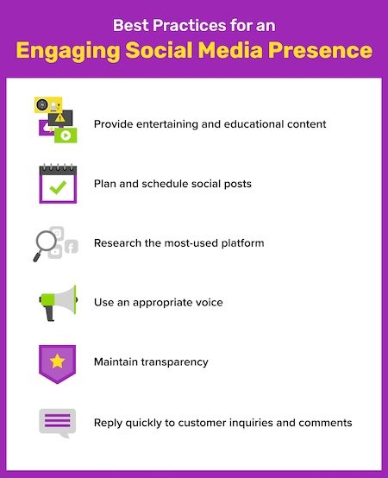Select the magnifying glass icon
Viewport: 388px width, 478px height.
point(44,245)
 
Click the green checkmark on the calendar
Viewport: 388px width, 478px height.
point(57,186)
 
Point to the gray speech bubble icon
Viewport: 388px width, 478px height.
point(57,423)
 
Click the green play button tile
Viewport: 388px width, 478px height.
point(65,135)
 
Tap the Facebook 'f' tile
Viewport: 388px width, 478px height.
point(71,247)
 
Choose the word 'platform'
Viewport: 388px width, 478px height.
point(241,243)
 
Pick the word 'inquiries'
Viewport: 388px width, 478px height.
point(244,423)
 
